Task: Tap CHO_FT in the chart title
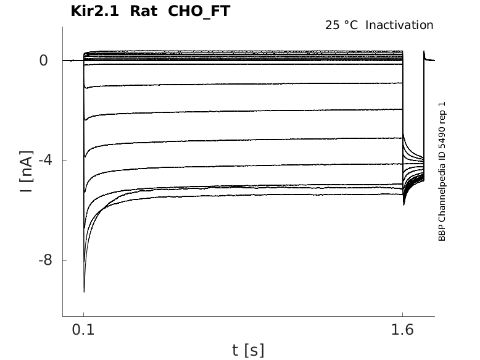(x=199, y=11)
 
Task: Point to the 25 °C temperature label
(x=342, y=25)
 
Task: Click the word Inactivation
(x=400, y=25)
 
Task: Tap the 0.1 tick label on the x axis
(x=83, y=330)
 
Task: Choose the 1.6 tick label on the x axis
(x=402, y=330)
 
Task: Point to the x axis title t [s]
(x=248, y=350)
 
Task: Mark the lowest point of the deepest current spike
(x=84, y=291)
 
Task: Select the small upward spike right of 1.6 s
(x=424, y=53)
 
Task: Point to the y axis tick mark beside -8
(x=60, y=261)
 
